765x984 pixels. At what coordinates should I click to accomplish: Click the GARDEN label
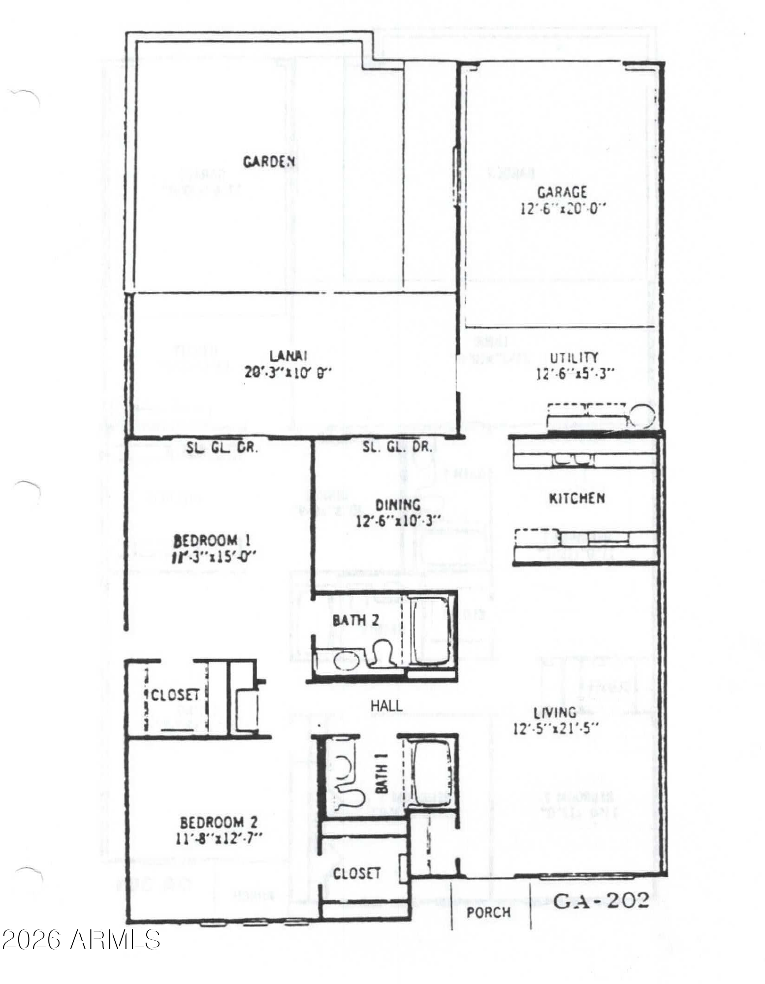(x=269, y=161)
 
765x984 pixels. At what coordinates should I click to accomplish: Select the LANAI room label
(x=288, y=355)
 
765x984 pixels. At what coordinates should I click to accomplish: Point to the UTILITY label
(x=574, y=357)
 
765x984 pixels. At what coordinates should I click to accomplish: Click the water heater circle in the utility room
(x=643, y=416)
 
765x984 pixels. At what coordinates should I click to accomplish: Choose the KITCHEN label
(x=577, y=499)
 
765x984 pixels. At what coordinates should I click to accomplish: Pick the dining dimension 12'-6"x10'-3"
(x=398, y=521)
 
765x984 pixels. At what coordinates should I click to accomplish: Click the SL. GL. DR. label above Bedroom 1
(x=222, y=448)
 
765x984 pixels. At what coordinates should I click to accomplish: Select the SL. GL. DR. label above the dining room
(x=398, y=447)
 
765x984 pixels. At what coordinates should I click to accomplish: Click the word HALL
(x=386, y=706)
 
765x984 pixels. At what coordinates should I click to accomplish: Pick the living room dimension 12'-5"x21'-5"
(x=555, y=729)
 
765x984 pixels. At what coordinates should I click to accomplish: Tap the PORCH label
(x=488, y=913)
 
